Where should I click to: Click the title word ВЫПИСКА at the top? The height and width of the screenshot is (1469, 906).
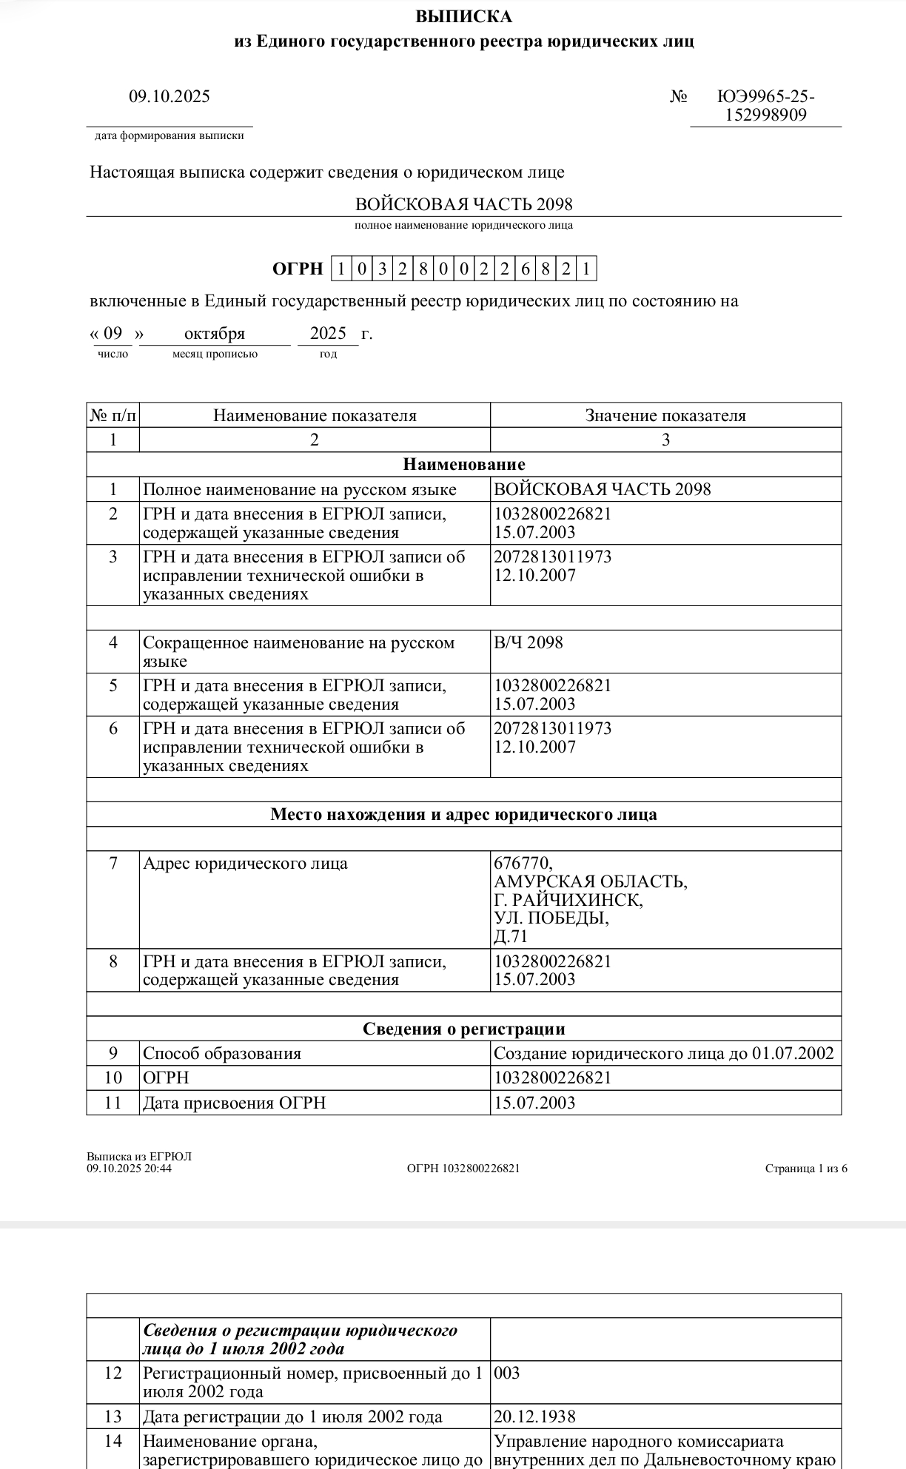tap(463, 16)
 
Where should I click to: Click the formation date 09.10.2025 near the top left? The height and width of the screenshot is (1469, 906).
tap(170, 96)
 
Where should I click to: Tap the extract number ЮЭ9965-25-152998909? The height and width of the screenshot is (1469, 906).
tap(766, 105)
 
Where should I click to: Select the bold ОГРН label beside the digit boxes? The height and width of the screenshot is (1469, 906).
tap(298, 269)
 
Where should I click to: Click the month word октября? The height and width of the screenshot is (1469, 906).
tap(214, 334)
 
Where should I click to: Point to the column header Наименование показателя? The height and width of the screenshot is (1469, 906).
tap(315, 416)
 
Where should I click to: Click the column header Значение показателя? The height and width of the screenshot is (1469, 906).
tap(665, 416)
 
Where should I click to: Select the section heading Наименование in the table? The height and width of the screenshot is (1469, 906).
tap(464, 465)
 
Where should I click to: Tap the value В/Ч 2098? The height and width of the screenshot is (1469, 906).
tap(528, 642)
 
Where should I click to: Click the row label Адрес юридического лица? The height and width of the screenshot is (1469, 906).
tap(245, 864)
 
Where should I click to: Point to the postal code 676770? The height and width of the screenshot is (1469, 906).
tap(523, 863)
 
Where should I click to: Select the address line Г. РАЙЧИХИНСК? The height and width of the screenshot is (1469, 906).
tap(568, 900)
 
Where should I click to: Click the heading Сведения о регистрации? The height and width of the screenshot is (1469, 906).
tap(464, 1029)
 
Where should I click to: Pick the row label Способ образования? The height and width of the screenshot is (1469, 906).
tap(222, 1054)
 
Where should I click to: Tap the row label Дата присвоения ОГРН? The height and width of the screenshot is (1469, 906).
tap(234, 1103)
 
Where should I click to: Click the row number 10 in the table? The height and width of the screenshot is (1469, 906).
tap(113, 1078)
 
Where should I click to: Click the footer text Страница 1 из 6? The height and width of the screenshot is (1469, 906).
tap(806, 1169)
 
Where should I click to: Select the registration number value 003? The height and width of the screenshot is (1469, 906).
tap(507, 1374)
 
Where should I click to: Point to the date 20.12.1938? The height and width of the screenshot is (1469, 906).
tap(534, 1417)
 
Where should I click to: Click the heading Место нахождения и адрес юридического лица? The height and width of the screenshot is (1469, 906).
tap(464, 815)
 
